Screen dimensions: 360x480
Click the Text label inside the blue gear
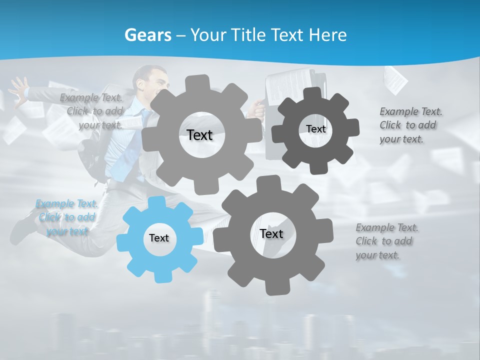[159, 238]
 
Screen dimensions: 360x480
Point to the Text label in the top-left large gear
[199, 135]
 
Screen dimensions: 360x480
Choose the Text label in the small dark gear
[316, 129]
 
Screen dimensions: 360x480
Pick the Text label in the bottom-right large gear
[271, 234]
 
